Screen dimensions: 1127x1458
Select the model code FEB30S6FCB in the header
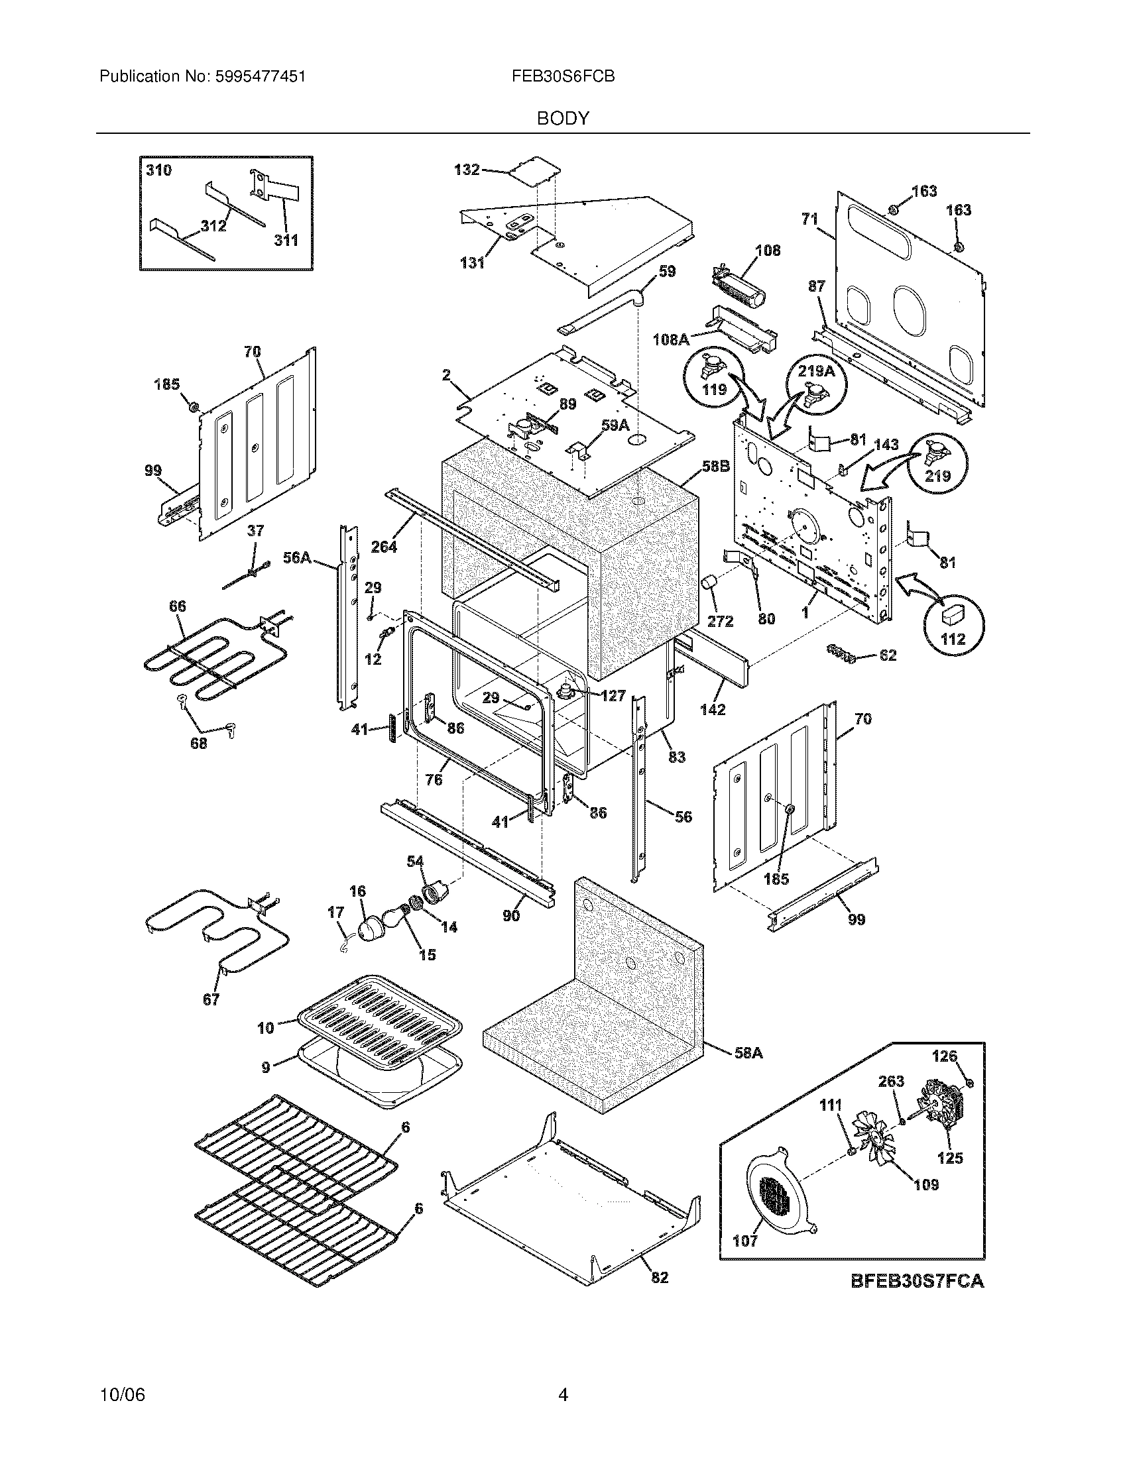(x=563, y=77)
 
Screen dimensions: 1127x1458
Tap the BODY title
(x=563, y=119)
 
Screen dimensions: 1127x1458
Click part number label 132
(x=467, y=170)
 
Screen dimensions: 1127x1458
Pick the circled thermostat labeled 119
(x=714, y=377)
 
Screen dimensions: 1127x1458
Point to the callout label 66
(x=177, y=607)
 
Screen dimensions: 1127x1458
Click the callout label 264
(x=384, y=547)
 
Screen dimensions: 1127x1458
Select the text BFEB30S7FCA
(x=918, y=1280)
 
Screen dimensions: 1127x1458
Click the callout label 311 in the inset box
(x=286, y=240)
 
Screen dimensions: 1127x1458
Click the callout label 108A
(x=671, y=339)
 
